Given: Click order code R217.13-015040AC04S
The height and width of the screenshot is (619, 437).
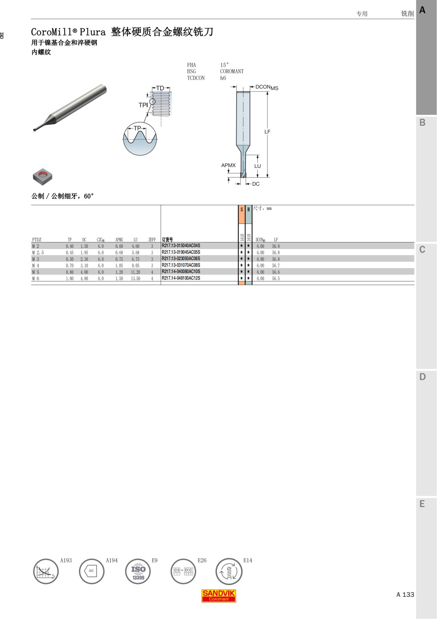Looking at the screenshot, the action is [x=181, y=246].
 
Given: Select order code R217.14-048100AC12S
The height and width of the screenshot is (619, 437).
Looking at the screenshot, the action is [x=181, y=278].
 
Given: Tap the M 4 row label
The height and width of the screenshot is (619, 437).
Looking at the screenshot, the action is [x=36, y=265].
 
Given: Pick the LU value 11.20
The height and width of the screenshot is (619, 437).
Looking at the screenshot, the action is [x=135, y=272].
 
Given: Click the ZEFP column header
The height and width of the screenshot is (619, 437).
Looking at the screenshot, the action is [x=152, y=240].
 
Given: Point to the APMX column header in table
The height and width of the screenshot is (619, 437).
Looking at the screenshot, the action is [x=119, y=240].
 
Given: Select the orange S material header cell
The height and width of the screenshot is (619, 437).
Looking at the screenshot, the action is [x=241, y=214].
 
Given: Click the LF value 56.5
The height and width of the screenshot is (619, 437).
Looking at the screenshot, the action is [x=276, y=279].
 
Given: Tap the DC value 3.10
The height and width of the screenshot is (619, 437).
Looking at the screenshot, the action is [x=84, y=265].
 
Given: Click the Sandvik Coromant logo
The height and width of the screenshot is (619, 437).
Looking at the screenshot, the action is [x=219, y=596].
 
